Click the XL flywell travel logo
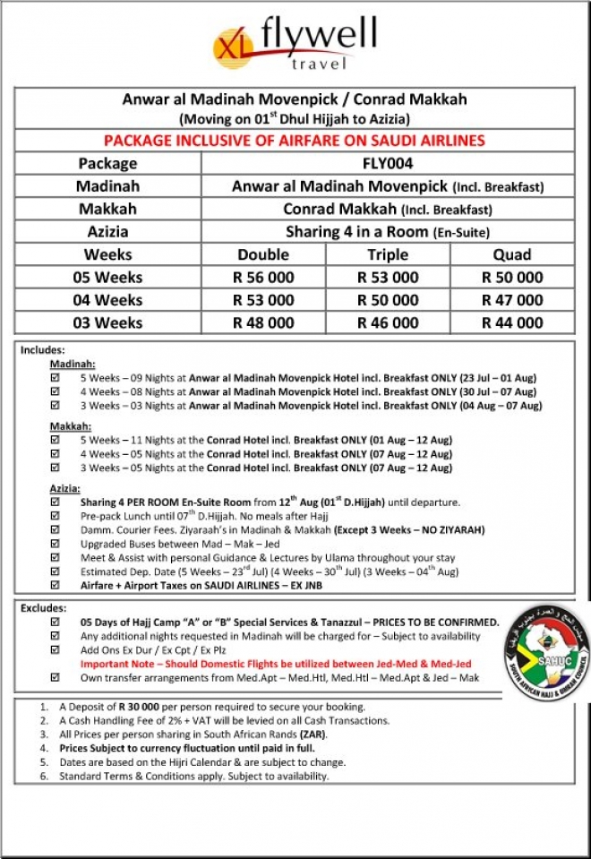[295, 43]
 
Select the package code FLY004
[388, 163]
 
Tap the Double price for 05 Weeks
[263, 278]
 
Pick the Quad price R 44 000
[512, 322]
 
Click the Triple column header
[388, 254]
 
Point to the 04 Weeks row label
[107, 300]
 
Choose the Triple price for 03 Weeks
[388, 322]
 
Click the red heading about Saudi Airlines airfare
[295, 141]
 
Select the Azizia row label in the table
[107, 232]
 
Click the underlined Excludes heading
[44, 608]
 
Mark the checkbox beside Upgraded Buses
[56, 544]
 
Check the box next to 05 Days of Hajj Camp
[56, 622]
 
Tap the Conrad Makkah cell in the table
[388, 210]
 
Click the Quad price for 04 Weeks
[512, 300]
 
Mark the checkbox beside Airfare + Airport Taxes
[56, 585]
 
